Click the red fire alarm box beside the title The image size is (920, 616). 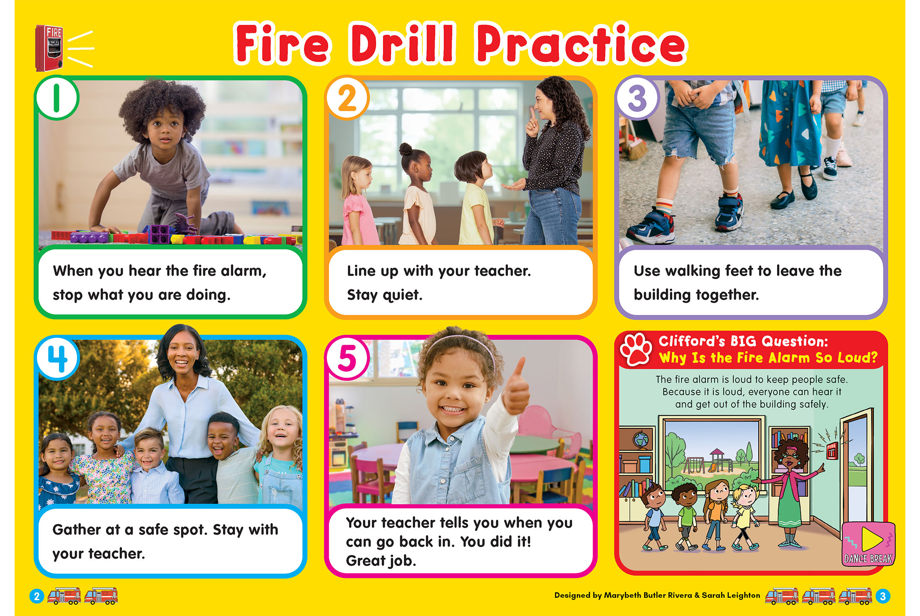point(49,47)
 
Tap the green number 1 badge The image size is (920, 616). point(56,98)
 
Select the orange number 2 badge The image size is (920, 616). point(347,98)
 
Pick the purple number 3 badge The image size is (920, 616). point(637,98)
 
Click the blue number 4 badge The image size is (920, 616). point(57,358)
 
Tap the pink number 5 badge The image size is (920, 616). point(347,358)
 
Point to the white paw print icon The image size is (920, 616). point(637,349)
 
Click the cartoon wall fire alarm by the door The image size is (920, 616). point(831,451)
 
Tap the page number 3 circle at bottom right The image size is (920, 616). point(882,596)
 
